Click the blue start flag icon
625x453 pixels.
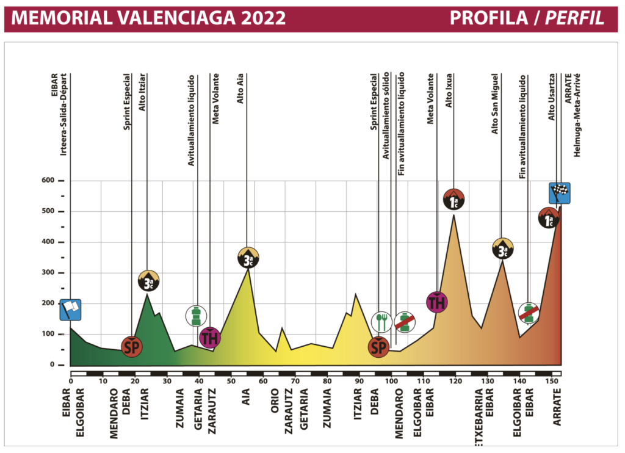70,310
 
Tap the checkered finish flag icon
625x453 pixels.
560,193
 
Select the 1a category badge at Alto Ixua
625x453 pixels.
453,200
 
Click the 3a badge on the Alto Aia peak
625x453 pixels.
248,258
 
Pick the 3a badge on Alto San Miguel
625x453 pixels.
502,248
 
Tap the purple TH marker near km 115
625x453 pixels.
437,302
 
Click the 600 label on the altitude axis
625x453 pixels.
48,181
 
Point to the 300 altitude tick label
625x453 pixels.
48,273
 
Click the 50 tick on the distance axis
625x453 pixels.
231,382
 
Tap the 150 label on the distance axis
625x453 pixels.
551,382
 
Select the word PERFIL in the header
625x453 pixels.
576,18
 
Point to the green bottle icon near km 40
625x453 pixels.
197,316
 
